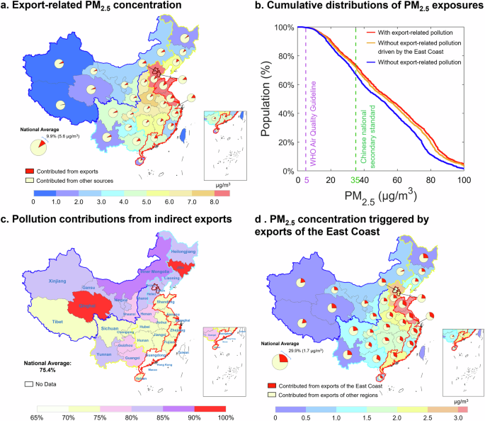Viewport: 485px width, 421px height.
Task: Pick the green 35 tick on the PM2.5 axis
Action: pos(355,181)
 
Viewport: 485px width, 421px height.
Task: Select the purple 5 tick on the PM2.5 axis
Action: pos(307,181)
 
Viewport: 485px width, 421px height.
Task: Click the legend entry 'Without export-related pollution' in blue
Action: pos(414,63)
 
